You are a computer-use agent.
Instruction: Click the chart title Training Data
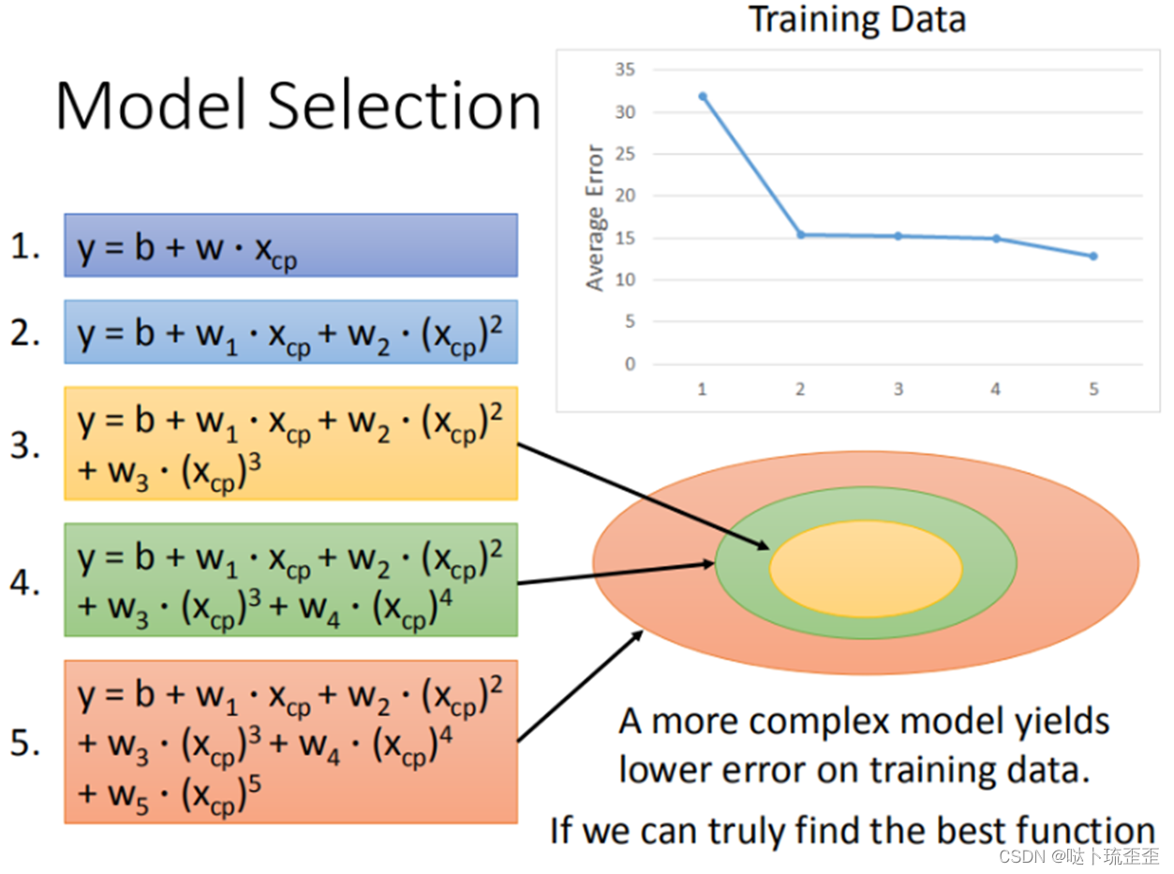point(857,21)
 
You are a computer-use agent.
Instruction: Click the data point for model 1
point(702,96)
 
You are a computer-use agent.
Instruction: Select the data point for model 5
point(1093,256)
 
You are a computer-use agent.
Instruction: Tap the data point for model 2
point(800,234)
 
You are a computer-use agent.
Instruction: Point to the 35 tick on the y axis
point(626,69)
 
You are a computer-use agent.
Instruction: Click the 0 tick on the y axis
point(631,363)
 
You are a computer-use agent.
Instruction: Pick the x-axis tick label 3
point(898,389)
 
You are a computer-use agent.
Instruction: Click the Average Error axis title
point(595,216)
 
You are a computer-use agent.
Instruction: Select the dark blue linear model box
point(290,245)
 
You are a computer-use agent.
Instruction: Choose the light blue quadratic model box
point(290,332)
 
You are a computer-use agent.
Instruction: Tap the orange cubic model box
point(290,443)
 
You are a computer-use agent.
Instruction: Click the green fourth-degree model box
point(290,580)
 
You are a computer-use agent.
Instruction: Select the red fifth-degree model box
point(290,741)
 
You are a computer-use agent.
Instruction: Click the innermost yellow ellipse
point(866,569)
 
